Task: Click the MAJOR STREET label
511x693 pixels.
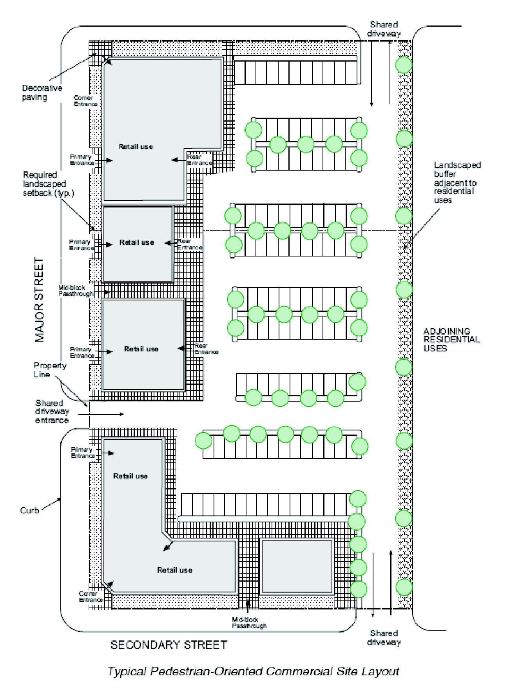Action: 40,300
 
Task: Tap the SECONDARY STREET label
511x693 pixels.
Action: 169,645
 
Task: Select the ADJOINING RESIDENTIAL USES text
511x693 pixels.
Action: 451,340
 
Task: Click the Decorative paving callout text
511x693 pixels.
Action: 42,93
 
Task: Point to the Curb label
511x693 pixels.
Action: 29,510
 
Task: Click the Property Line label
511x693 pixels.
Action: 50,370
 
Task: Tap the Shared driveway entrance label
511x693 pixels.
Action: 52,411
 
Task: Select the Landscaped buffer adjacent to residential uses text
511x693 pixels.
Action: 457,182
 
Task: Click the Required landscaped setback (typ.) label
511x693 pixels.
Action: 48,184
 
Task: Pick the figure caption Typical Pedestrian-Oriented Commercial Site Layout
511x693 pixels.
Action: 253,671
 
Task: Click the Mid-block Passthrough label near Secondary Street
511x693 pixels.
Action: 249,623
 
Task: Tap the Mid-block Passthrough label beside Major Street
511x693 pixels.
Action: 76,291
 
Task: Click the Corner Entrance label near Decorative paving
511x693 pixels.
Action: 85,101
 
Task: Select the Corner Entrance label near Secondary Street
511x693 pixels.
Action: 91,597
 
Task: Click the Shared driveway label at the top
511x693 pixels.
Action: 384,29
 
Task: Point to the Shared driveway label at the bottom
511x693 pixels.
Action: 384,637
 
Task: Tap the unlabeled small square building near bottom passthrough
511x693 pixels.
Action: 297,566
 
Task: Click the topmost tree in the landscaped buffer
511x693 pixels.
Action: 404,65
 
